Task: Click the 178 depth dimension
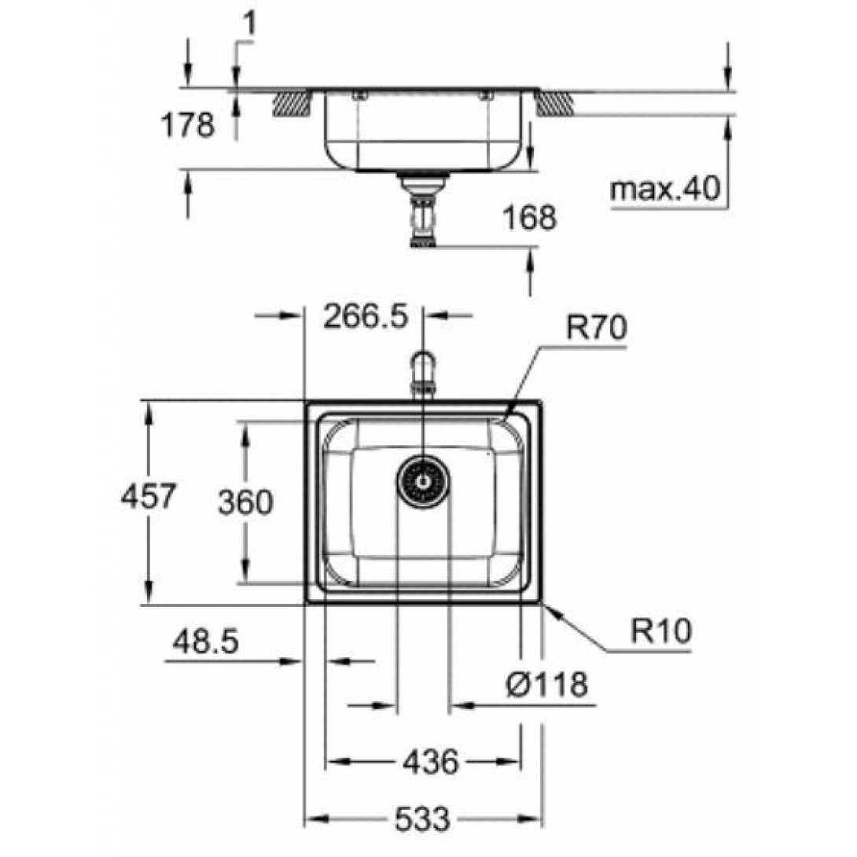tap(187, 125)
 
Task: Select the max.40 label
tap(665, 189)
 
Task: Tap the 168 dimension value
tap(529, 217)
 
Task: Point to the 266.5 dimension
tap(366, 316)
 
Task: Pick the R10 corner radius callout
tap(661, 631)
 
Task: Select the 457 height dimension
tap(148, 496)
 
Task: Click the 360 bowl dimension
tap(245, 502)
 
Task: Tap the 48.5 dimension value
tap(205, 641)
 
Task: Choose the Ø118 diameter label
tap(546, 684)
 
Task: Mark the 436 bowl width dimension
tap(430, 762)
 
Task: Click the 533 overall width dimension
tap(422, 818)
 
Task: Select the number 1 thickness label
tap(249, 26)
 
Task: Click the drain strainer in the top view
tap(423, 481)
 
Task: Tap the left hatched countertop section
tap(292, 103)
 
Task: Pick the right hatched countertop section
tap(554, 103)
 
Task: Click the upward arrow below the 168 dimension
tap(530, 271)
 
